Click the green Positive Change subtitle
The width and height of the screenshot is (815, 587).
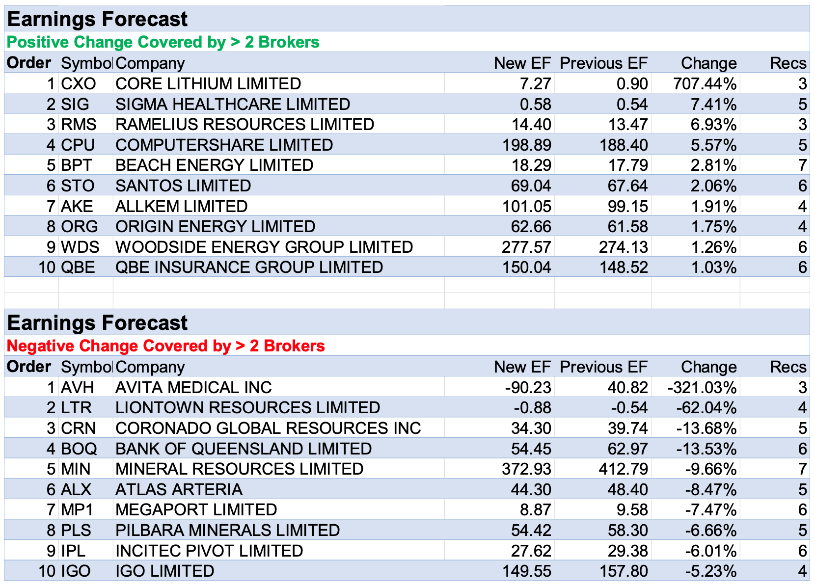coord(163,42)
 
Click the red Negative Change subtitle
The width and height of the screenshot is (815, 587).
coord(166,346)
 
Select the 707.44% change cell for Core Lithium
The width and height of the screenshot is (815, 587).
coord(705,84)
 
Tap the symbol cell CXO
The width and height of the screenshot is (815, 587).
coord(79,84)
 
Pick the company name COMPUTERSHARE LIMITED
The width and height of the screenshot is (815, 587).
coord(224,145)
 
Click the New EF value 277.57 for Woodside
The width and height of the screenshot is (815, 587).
coord(526,247)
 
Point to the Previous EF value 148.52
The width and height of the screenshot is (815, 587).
coord(624,267)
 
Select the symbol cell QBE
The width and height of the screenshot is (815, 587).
coord(78,267)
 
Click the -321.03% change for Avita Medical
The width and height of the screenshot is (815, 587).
coord(702,388)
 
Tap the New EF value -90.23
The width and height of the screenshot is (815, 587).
coord(528,388)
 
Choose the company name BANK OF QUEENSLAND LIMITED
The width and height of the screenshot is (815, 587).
coord(244,449)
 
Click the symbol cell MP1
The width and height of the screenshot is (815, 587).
coord(77,510)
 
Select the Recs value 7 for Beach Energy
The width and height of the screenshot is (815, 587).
coord(802,165)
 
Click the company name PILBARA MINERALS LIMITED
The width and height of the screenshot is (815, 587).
coord(228,531)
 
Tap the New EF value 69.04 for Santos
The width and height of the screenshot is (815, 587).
coord(531,186)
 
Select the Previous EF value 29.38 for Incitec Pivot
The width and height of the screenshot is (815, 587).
coord(628,551)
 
